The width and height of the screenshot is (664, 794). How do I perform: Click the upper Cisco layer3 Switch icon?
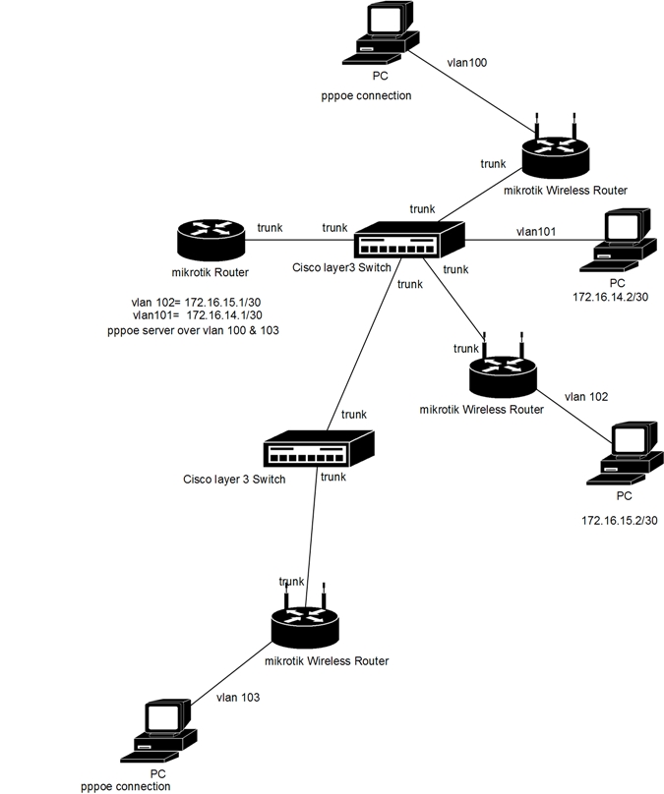click(408, 240)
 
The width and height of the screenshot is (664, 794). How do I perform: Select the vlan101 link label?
click(536, 232)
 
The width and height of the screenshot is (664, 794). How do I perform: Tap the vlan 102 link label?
click(585, 397)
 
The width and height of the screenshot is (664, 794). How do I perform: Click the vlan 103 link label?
click(237, 697)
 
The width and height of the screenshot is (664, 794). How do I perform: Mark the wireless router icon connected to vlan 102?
click(502, 374)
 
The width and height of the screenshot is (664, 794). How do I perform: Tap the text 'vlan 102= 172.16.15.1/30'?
click(194, 302)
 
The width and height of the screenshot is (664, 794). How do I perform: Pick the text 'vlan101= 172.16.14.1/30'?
click(194, 316)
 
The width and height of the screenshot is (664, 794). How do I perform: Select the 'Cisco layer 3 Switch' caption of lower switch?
click(234, 480)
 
